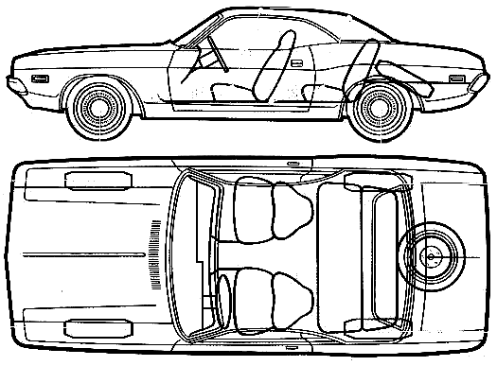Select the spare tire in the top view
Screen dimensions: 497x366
pos(433,253)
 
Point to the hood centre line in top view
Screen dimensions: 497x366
pos(66,253)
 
